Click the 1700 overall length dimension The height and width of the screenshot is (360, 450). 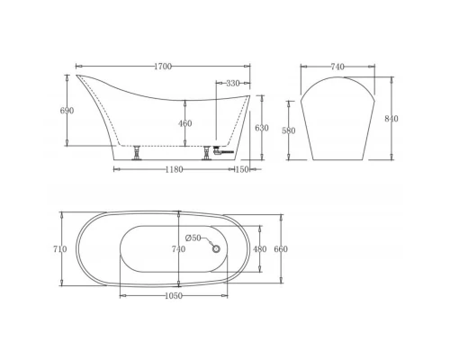[163, 67]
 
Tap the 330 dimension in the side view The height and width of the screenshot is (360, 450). [232, 83]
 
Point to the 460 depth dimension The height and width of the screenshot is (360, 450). [184, 123]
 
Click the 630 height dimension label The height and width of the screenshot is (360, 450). [261, 129]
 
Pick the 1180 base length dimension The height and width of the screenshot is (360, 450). [171, 169]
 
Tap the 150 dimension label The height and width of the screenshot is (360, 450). [241, 169]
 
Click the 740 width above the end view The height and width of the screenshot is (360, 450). [337, 67]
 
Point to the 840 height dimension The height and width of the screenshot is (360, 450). [391, 118]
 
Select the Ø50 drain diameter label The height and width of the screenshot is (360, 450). [193, 238]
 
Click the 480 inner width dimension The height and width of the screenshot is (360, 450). [259, 249]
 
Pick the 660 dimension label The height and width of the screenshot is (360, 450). [281, 249]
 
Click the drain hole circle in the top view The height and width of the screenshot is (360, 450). [215, 247]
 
